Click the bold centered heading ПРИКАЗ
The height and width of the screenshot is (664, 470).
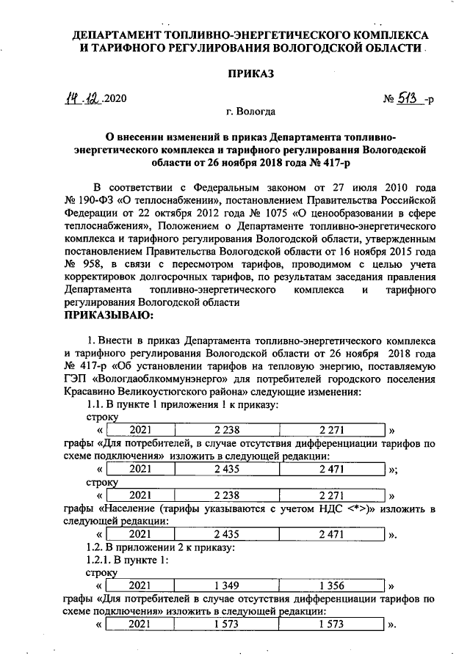tap(251, 75)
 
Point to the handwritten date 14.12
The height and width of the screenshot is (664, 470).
tap(83, 99)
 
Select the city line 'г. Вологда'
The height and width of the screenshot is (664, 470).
tap(251, 112)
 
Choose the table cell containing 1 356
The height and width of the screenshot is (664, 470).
tap(332, 586)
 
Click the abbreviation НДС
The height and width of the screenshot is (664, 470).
tap(325, 508)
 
